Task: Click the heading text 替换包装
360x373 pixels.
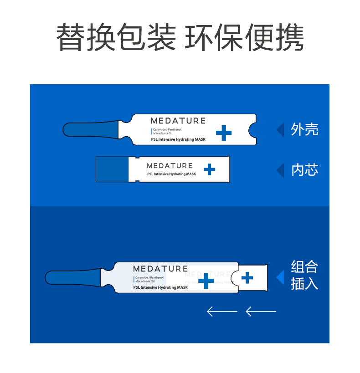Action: (117, 37)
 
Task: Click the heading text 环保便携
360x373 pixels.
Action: (244, 37)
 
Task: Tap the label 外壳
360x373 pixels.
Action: (304, 130)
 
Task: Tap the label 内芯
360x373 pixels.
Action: (304, 170)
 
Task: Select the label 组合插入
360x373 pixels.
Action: (304, 276)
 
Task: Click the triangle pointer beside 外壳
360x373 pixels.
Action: (280, 130)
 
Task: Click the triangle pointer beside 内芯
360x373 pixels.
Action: (280, 170)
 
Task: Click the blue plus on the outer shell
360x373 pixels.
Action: (223, 133)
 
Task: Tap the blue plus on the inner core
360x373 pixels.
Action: (209, 170)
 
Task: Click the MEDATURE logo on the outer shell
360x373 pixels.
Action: (178, 121)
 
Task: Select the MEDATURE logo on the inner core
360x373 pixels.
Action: (170, 165)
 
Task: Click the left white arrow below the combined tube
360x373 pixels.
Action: (222, 312)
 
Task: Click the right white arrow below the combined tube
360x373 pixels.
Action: (261, 312)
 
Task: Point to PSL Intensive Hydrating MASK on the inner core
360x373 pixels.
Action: (171, 174)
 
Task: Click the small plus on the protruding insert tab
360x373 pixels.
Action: (247, 277)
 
